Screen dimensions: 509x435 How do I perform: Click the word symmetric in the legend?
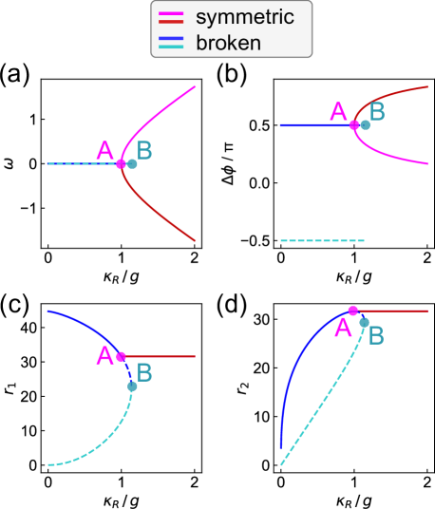coord(244,17)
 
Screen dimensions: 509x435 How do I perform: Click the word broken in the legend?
coord(228,42)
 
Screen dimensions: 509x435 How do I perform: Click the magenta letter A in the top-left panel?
coord(105,150)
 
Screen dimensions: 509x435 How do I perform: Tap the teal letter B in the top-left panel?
coord(143,150)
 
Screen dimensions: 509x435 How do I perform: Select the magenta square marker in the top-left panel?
coord(121,164)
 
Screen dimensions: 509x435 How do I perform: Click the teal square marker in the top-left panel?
coord(132,164)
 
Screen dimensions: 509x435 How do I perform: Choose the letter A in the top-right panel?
coord(338,112)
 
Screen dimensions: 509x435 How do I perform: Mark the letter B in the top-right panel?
coord(377,112)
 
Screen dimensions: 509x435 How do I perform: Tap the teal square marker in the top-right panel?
coord(365,124)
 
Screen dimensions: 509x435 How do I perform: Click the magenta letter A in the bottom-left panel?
coord(105,356)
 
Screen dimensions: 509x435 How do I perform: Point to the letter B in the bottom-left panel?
coord(144,371)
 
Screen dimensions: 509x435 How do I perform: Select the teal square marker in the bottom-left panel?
coord(132,386)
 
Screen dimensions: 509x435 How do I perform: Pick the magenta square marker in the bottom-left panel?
coord(121,357)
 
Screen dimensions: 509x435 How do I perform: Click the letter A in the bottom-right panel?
coord(343,329)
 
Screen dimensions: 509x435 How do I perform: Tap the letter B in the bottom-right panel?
coord(376,335)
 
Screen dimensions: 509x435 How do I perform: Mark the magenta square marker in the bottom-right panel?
coord(352,311)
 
